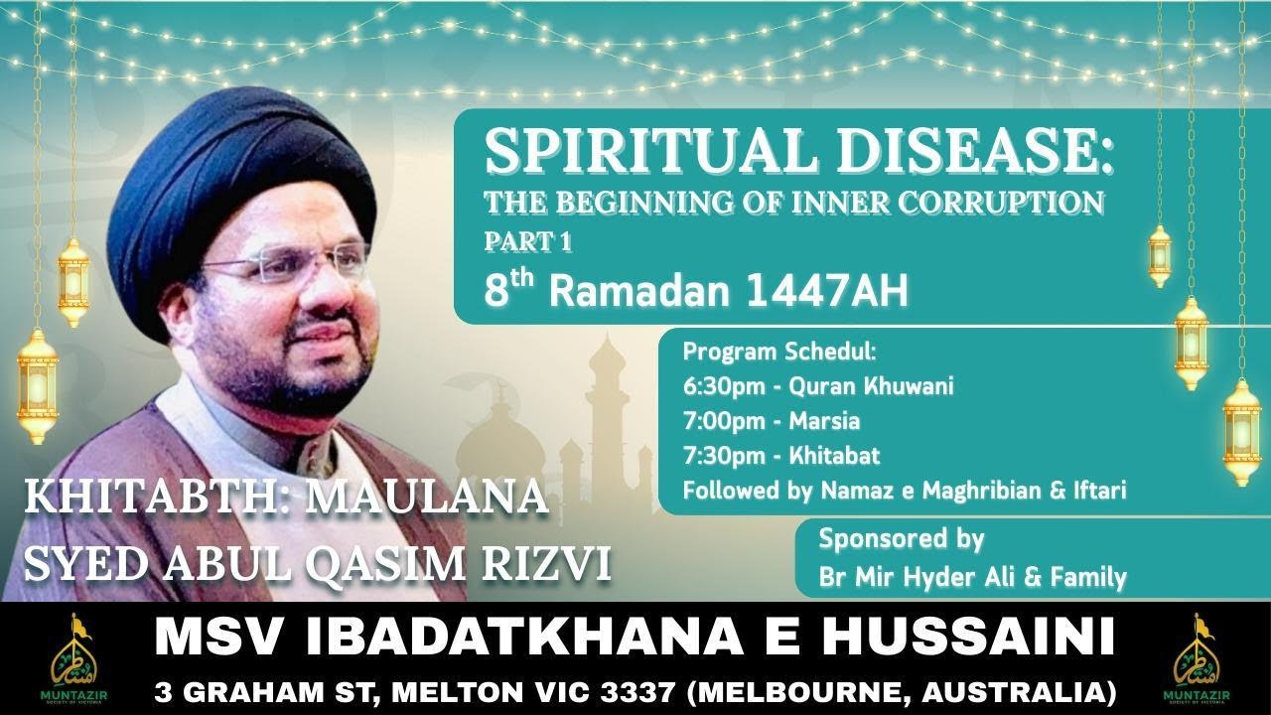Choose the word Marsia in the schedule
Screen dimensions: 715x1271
(x=824, y=421)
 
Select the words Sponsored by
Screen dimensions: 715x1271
(x=901, y=540)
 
